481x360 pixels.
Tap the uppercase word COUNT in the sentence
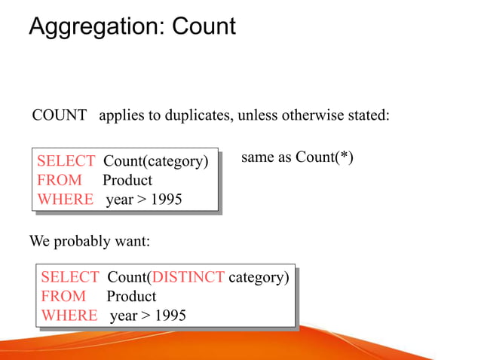[60, 116]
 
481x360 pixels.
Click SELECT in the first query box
[66, 161]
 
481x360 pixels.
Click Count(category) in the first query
[155, 161]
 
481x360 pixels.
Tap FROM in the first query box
[59, 180]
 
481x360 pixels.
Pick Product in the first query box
[127, 180]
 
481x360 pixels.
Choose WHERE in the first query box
[66, 200]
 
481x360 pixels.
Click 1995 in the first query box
[167, 200]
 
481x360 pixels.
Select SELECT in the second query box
[69, 277]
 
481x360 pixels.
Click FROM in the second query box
[63, 296]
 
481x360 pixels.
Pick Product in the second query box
[131, 296]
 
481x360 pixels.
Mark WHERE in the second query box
[69, 316]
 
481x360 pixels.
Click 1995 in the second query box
[170, 316]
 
